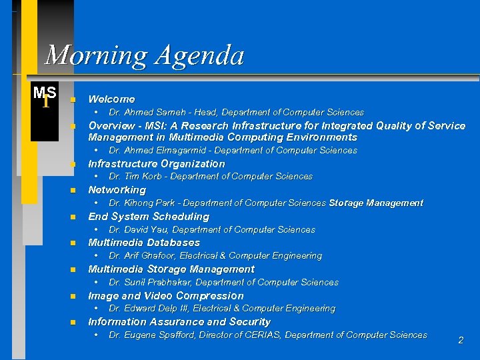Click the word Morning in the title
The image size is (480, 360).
pos(96,55)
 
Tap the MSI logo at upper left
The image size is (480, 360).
pos(45,96)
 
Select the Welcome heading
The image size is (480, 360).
pos(111,99)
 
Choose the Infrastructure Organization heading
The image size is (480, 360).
pos(157,163)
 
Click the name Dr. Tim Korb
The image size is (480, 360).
pos(137,177)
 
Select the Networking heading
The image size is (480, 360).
pos(117,190)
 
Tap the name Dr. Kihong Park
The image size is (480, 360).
pos(143,203)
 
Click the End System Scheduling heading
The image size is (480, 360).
pos(149,217)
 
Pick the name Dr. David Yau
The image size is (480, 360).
pos(140,230)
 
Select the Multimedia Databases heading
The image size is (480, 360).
pos(144,243)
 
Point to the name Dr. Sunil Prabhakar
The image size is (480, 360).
pos(149,283)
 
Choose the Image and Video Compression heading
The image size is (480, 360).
pos(166,296)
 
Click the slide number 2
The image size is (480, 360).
pos(460,341)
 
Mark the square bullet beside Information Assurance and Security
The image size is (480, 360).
pos(73,323)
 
